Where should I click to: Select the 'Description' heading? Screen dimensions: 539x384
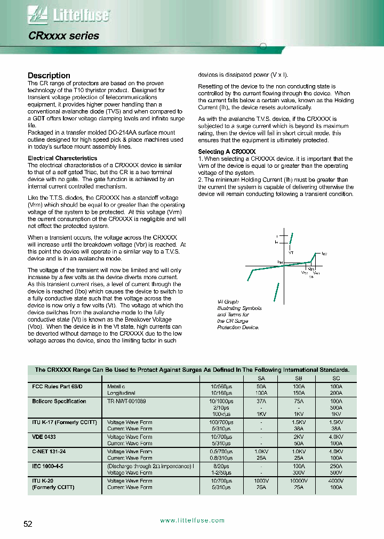[49, 76]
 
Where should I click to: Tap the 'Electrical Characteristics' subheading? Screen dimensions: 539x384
[62, 158]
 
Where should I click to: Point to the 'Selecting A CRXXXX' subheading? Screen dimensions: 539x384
[227, 152]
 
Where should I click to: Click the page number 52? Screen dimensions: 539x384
[28, 524]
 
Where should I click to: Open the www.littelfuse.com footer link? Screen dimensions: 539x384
[192, 520]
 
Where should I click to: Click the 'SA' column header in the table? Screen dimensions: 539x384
[261, 378]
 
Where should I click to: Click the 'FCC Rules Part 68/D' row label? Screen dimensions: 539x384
[57, 386]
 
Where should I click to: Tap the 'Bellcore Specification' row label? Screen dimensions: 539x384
[59, 401]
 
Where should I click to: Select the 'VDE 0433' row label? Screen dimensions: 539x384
[43, 437]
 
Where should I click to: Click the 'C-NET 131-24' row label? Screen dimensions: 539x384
[49, 451]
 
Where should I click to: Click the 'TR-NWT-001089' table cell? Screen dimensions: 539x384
[126, 401]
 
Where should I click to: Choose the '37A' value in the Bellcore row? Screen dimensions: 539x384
[261, 401]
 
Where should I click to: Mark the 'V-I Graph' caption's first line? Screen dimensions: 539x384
[228, 302]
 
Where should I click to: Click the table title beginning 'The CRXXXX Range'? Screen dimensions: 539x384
[192, 370]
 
